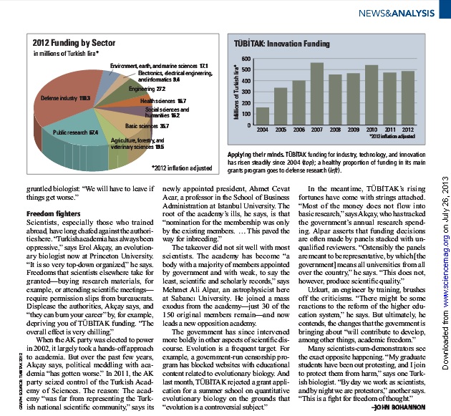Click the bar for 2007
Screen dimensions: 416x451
tap(316, 94)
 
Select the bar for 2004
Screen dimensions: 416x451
tap(263, 116)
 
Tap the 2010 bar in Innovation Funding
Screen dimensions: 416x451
tap(372, 95)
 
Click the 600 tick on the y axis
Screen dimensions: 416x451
tap(246, 59)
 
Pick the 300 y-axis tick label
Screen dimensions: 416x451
tap(246, 92)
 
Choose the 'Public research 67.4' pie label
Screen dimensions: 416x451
tap(76, 132)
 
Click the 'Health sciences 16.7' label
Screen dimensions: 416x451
tap(163, 101)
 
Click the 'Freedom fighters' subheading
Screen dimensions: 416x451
tap(50, 213)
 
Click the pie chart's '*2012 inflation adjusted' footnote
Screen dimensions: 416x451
tap(182, 168)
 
